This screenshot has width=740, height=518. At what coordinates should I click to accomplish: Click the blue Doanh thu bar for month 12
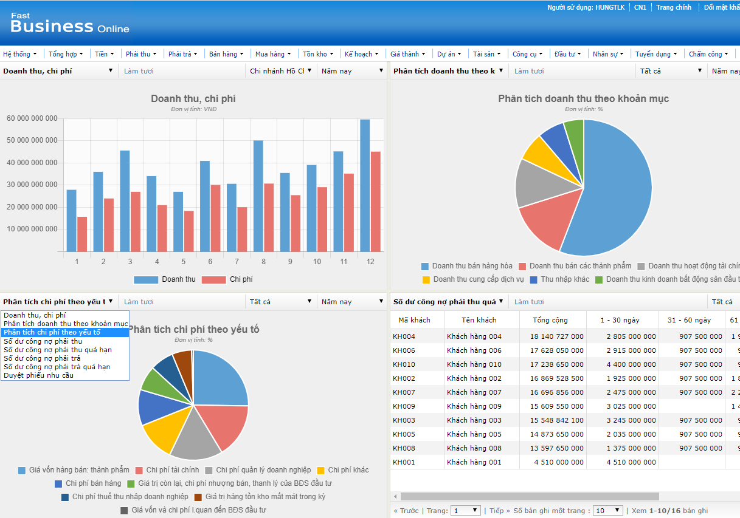pyautogui.click(x=365, y=185)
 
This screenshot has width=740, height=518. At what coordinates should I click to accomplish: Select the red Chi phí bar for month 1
pyautogui.click(x=82, y=234)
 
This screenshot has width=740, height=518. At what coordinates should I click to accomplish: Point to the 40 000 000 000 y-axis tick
pyautogui.click(x=32, y=163)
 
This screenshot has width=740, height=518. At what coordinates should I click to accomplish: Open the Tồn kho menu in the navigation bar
pyautogui.click(x=317, y=54)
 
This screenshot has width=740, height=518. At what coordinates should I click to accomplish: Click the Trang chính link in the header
pyautogui.click(x=673, y=7)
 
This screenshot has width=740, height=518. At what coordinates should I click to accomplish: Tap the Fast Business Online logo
pyautogui.click(x=69, y=24)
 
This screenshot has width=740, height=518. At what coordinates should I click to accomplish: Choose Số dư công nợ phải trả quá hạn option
pyautogui.click(x=57, y=367)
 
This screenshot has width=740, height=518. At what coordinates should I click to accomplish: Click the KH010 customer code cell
pyautogui.click(x=404, y=364)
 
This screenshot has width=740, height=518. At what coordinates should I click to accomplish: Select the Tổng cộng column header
pyautogui.click(x=550, y=320)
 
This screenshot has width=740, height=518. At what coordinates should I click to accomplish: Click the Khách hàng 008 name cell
pyautogui.click(x=474, y=448)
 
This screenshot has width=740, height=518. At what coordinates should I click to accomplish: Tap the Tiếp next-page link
pyautogui.click(x=497, y=511)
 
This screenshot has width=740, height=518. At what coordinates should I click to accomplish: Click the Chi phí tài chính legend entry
pyautogui.click(x=172, y=470)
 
